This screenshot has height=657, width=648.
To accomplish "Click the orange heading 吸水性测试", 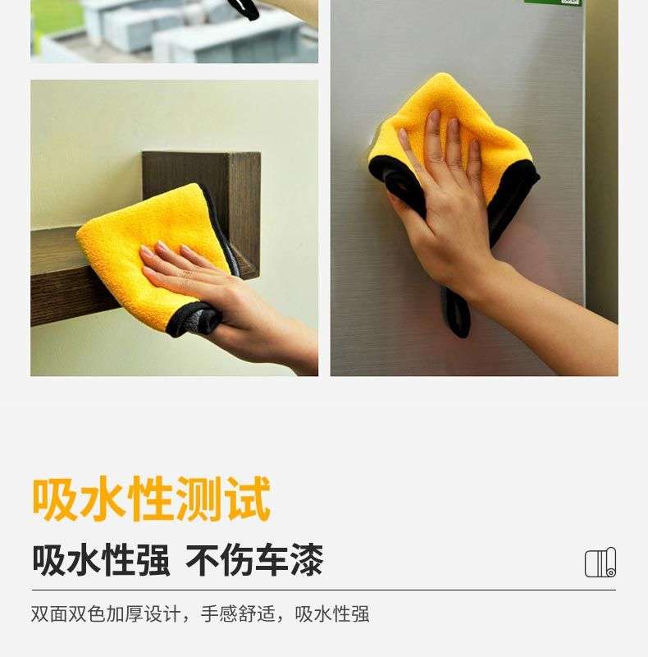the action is [152, 498].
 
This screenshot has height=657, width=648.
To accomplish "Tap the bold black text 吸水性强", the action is [102, 560].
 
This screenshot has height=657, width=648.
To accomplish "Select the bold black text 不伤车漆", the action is [254, 560].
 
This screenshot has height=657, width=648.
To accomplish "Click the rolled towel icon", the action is [600, 563].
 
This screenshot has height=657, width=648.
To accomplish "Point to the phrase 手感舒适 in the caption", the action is [238, 614].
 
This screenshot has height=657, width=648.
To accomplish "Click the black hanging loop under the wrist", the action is [455, 311].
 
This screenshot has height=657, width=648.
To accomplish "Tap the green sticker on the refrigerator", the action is [553, 2].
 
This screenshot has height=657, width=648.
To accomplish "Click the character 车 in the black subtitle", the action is [272, 560].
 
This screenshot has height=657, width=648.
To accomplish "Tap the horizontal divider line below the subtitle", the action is [323, 590].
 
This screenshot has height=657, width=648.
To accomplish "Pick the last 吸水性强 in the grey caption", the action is [332, 614].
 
